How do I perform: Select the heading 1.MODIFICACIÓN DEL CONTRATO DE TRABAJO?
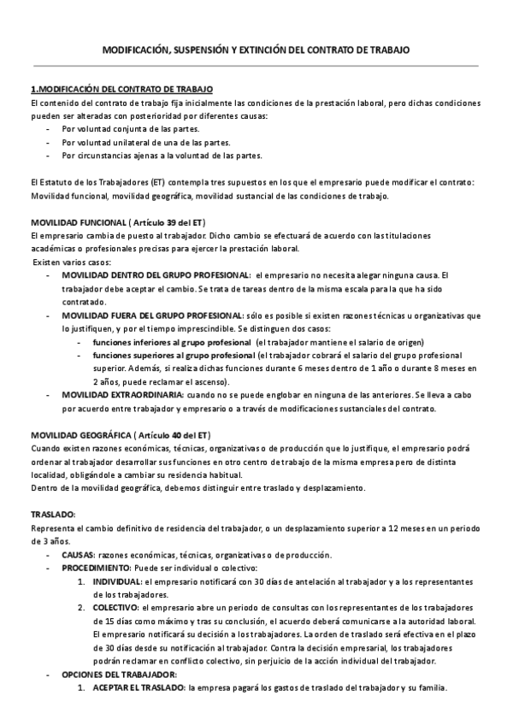[x=121, y=90]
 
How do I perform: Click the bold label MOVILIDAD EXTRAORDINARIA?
[x=122, y=396]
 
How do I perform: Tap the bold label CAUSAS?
[x=78, y=554]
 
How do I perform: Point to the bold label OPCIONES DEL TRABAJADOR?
[x=119, y=675]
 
